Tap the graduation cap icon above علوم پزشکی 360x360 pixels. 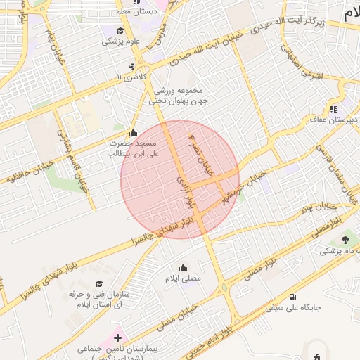[x=120, y=30]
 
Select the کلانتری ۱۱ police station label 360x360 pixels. [x=131, y=76]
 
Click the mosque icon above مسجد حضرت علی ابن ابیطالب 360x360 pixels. [x=133, y=132]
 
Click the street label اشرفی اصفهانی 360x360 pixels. [x=302, y=65]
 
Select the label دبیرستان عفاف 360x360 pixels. [x=335, y=120]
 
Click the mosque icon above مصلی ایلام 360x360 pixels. [x=184, y=267]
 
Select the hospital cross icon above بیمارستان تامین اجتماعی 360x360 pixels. [x=117, y=338]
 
